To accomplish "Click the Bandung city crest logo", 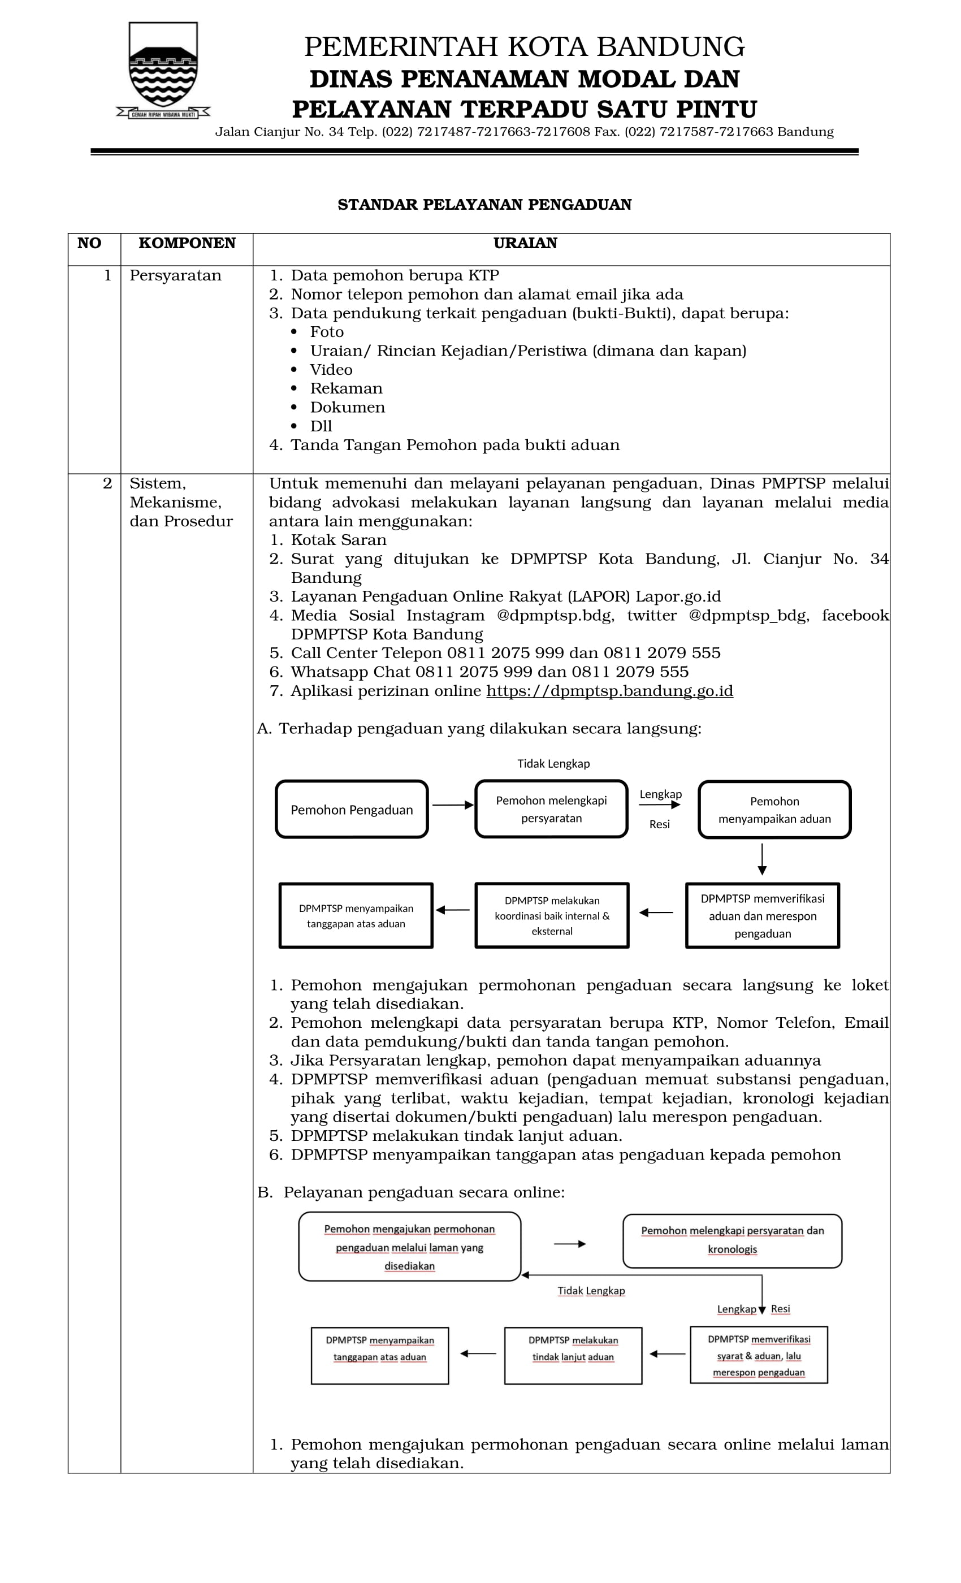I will (x=163, y=70).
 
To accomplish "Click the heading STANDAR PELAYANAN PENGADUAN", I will (x=484, y=204).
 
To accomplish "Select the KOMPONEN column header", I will (x=187, y=243).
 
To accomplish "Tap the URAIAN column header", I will (x=525, y=243).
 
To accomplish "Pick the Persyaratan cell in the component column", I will (x=175, y=276).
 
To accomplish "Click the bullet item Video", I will (x=331, y=369).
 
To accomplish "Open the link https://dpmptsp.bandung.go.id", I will (x=609, y=691).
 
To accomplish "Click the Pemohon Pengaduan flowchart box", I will (x=352, y=810).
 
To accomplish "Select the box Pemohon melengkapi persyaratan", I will (x=551, y=809).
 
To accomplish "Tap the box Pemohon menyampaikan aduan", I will (x=774, y=810).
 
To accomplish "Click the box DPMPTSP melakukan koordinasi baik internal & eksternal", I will (x=552, y=915).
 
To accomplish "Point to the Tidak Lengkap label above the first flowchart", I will (x=553, y=763).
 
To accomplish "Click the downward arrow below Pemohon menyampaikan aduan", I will (x=762, y=859).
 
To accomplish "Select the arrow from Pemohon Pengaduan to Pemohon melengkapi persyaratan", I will (x=452, y=805).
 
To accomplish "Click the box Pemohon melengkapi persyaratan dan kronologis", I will (x=732, y=1240).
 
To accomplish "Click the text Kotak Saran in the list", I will (x=339, y=540).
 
